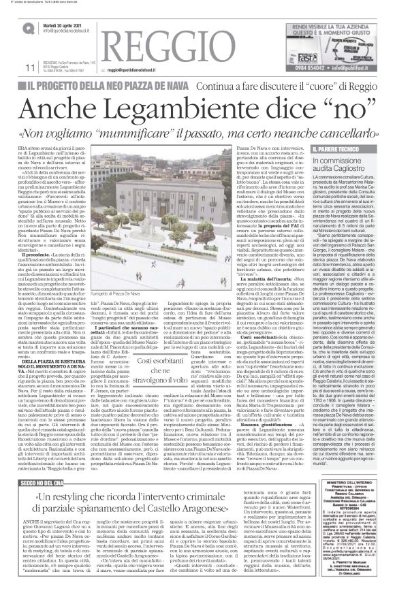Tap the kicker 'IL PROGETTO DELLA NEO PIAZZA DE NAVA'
[x=108, y=87]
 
